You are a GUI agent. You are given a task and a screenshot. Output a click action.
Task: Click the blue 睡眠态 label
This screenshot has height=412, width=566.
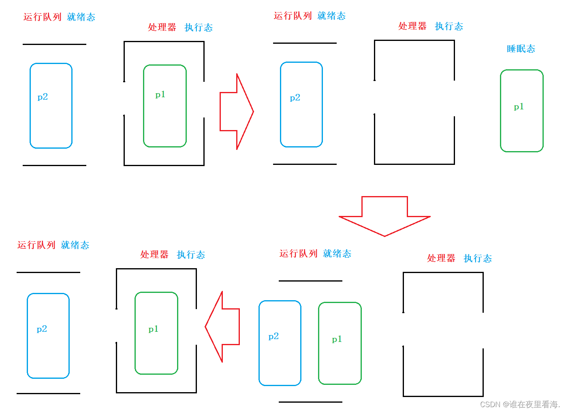[x=521, y=49]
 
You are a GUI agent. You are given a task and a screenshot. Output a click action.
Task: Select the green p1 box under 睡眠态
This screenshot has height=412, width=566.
[x=521, y=111]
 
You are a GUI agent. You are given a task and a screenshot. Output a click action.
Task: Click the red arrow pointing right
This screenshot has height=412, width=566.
[x=237, y=111]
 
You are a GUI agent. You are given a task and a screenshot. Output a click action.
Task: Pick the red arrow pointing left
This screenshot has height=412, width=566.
[x=222, y=327]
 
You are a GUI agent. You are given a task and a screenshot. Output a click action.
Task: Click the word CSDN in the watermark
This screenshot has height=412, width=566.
[x=490, y=404]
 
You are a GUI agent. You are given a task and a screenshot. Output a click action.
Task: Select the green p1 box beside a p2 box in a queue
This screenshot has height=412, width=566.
[x=340, y=343]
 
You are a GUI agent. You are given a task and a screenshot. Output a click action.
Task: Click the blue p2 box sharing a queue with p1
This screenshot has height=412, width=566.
[x=280, y=343]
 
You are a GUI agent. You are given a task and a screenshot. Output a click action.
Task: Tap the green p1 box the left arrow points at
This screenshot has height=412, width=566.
[x=156, y=333]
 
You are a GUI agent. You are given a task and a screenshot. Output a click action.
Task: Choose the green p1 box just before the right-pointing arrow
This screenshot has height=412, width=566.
[x=164, y=106]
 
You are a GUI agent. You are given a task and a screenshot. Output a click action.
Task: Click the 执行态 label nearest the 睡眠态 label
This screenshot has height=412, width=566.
[x=449, y=26]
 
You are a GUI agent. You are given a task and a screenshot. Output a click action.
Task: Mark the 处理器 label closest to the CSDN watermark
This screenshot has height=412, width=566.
[x=441, y=258]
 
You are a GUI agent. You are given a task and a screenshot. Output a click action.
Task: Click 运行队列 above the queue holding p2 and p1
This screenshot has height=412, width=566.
[x=298, y=254]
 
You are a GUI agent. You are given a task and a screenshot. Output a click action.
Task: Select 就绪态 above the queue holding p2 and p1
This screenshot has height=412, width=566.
[x=337, y=254]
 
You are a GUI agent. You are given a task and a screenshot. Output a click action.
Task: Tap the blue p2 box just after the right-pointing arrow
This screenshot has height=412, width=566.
[x=301, y=105]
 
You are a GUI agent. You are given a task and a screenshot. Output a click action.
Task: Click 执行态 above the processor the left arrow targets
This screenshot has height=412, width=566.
[x=191, y=255]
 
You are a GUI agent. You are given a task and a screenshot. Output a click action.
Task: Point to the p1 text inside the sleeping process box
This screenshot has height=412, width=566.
[x=519, y=107]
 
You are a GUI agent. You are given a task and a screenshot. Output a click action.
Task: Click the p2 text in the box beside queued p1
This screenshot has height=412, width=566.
[x=273, y=336]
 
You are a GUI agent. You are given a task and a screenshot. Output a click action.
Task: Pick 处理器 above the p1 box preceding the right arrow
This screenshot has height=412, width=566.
[x=162, y=27]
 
